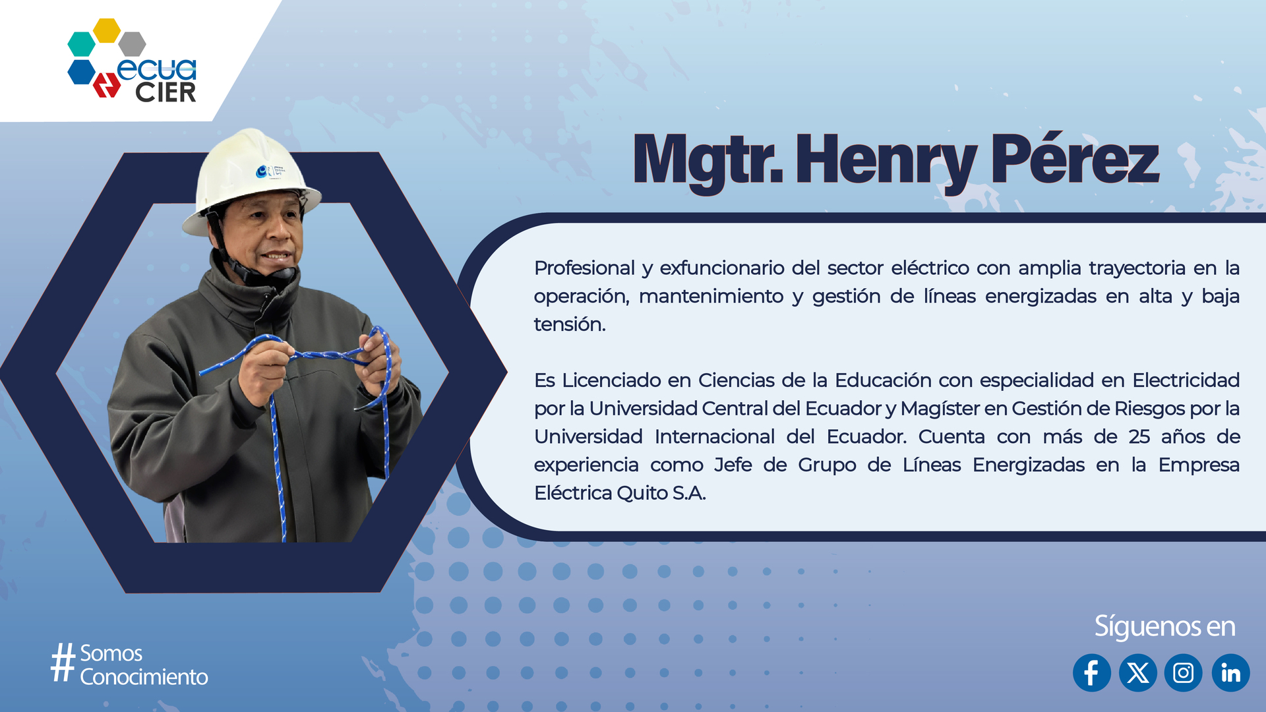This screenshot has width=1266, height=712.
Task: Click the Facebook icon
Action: tap(1092, 672)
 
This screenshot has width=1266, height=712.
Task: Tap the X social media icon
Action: tap(1138, 672)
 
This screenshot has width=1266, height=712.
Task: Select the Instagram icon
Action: tap(1184, 672)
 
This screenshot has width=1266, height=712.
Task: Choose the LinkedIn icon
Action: tap(1230, 672)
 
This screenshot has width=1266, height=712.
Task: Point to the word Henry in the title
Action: tap(886, 163)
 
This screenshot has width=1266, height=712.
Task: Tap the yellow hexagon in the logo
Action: tap(107, 30)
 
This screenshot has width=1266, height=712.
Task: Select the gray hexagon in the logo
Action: tap(133, 44)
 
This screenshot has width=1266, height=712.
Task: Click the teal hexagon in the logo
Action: tap(82, 44)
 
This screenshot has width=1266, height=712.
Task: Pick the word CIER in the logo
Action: tap(166, 92)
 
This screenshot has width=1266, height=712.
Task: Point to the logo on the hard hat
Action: tap(270, 171)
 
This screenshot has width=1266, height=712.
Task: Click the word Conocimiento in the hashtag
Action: tap(144, 677)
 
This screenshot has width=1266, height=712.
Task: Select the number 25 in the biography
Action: tap(1139, 437)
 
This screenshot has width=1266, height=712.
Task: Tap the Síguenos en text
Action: tap(1164, 627)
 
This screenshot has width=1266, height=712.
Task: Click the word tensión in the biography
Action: tap(570, 324)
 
